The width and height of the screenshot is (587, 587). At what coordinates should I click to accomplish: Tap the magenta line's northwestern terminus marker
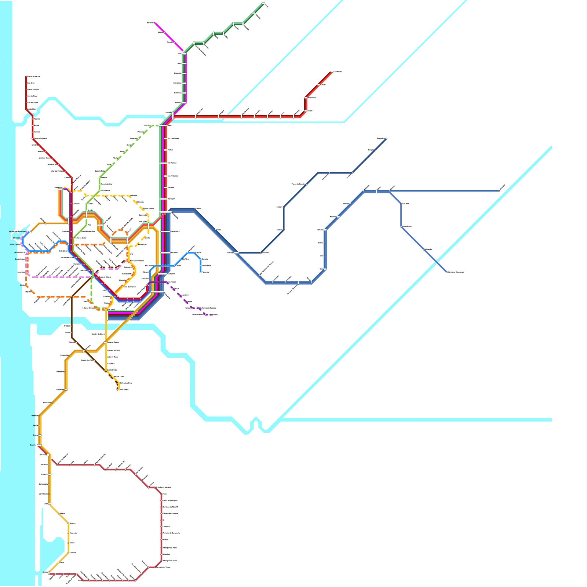point(155,23)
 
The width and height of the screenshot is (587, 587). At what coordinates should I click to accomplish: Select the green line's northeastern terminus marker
point(263,3)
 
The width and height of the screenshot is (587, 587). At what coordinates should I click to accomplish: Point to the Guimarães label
point(338,72)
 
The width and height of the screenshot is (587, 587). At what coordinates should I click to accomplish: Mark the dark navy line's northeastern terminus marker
point(386,139)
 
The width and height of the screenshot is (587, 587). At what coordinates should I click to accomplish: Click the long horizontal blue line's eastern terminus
point(499,191)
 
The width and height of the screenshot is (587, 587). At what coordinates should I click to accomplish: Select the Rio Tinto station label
point(186,259)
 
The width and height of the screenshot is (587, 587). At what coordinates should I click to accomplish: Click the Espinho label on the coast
point(33,445)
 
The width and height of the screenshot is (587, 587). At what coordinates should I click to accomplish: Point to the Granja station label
point(35,435)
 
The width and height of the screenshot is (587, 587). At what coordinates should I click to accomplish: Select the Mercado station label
point(17,238)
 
